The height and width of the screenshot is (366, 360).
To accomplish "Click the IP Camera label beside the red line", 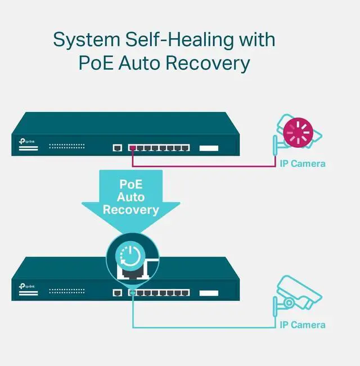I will tap(303, 164).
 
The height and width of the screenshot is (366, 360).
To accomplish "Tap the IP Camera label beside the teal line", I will tap(303, 325).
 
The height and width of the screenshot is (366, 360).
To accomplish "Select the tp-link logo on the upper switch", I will tap(22, 142).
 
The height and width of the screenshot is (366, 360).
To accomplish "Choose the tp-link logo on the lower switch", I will tap(22, 286).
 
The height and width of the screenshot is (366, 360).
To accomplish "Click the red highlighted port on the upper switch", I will tap(132, 148).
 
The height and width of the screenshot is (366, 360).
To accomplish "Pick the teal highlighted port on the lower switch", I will tap(132, 292).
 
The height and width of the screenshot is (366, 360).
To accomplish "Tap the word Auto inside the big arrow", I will tap(130, 197).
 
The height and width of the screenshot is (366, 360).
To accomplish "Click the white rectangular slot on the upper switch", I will tap(209, 148).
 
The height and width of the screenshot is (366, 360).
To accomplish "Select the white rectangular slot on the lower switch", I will tap(209, 292).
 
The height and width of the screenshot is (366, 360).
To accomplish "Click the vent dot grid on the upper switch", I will tap(66, 146).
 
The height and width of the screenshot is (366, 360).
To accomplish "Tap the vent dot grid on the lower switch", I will tap(66, 291).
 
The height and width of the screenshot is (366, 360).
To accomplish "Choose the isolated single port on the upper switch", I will tap(118, 148).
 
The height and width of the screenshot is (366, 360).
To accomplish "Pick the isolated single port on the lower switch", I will tap(118, 292).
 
